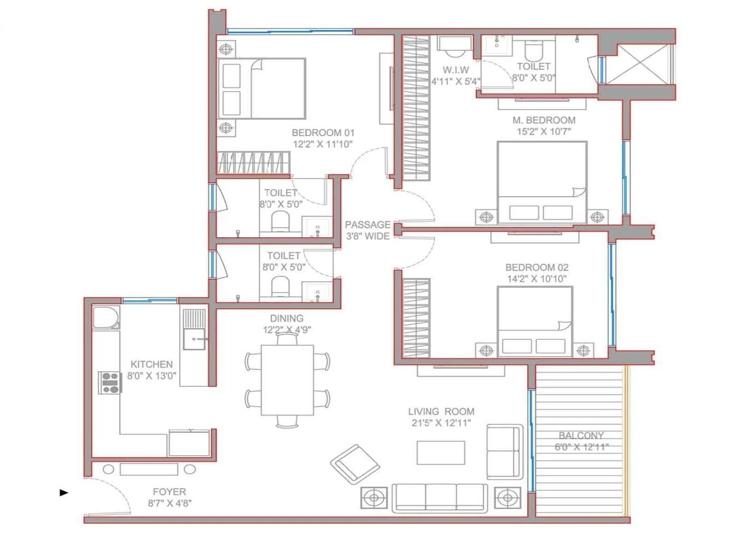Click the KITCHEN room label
point(151,364)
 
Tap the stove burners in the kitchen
point(110,383)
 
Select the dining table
point(287,380)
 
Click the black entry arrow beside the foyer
point(64,493)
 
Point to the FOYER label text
point(169,492)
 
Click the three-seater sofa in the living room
point(440,497)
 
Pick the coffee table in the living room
point(440,452)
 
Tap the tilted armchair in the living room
point(355,464)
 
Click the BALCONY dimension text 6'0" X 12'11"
point(581,447)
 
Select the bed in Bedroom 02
point(535,321)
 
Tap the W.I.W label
point(456,70)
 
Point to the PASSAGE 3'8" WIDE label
point(368,230)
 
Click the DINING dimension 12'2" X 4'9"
point(287,330)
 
